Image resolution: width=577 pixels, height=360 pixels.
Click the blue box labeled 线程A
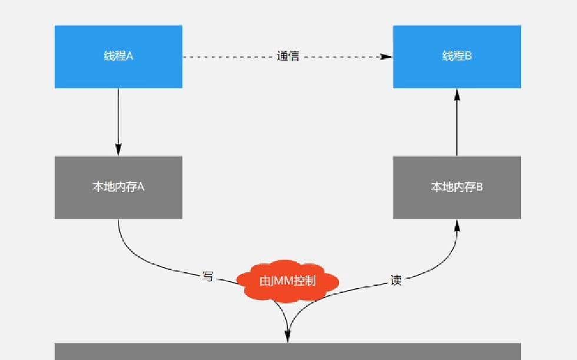(118, 57)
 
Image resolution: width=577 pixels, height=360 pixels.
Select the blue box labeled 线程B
(457, 57)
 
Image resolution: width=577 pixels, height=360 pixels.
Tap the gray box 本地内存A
(118, 187)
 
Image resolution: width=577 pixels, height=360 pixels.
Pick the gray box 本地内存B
(457, 187)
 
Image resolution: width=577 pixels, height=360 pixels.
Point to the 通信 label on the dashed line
(288, 57)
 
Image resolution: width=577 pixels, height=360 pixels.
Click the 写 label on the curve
(207, 276)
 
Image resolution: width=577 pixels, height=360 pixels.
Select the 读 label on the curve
(396, 280)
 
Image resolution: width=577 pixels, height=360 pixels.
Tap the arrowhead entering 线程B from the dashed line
(387, 57)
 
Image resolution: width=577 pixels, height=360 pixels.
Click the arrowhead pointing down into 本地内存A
(118, 150)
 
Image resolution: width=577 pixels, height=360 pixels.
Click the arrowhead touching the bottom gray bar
(288, 337)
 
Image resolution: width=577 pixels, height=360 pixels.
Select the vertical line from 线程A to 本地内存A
(118, 118)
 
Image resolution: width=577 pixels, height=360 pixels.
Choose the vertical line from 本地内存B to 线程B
(457, 127)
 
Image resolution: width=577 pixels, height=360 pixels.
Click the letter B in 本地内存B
(479, 187)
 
